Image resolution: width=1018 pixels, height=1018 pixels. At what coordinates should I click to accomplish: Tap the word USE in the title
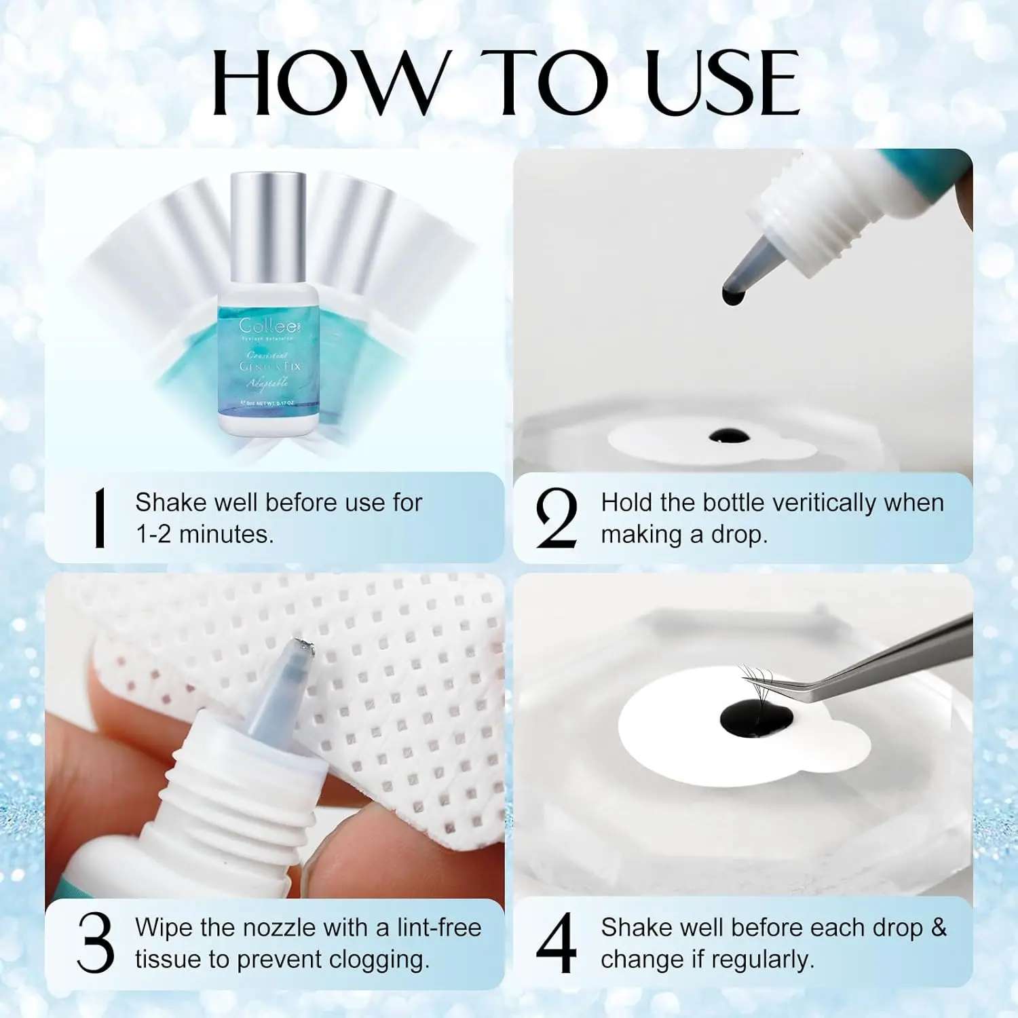[722, 83]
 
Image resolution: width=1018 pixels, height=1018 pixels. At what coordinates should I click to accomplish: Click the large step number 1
[100, 518]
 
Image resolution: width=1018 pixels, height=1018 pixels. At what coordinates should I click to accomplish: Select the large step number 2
[556, 519]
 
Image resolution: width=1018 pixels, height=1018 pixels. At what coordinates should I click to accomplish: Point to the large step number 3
[95, 943]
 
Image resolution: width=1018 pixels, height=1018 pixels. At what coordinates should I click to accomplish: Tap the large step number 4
[556, 943]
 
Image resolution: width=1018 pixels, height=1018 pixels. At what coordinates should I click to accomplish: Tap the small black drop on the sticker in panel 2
[730, 435]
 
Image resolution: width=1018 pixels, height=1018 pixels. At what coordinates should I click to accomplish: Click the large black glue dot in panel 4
[755, 717]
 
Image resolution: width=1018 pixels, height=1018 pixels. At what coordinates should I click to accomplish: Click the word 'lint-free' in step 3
[438, 927]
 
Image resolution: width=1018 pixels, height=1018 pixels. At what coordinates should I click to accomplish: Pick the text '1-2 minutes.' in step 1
[205, 535]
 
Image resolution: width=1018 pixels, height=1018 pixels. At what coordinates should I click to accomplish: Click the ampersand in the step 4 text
[939, 927]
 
